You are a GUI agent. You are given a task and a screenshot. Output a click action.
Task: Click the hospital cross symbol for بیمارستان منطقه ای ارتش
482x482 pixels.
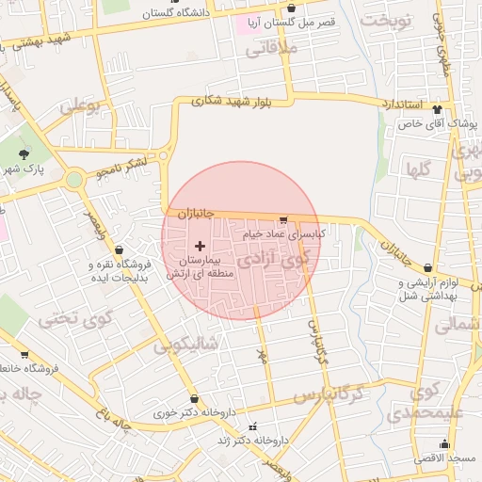point(199,245)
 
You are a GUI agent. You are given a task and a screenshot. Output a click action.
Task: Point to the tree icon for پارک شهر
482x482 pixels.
point(24,154)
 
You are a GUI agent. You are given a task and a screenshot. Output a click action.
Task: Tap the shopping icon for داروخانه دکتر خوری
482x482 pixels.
point(195,398)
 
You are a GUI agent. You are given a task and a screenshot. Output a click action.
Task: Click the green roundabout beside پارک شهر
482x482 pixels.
point(73,179)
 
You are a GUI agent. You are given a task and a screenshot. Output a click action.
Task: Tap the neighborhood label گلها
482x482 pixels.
point(417,169)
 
